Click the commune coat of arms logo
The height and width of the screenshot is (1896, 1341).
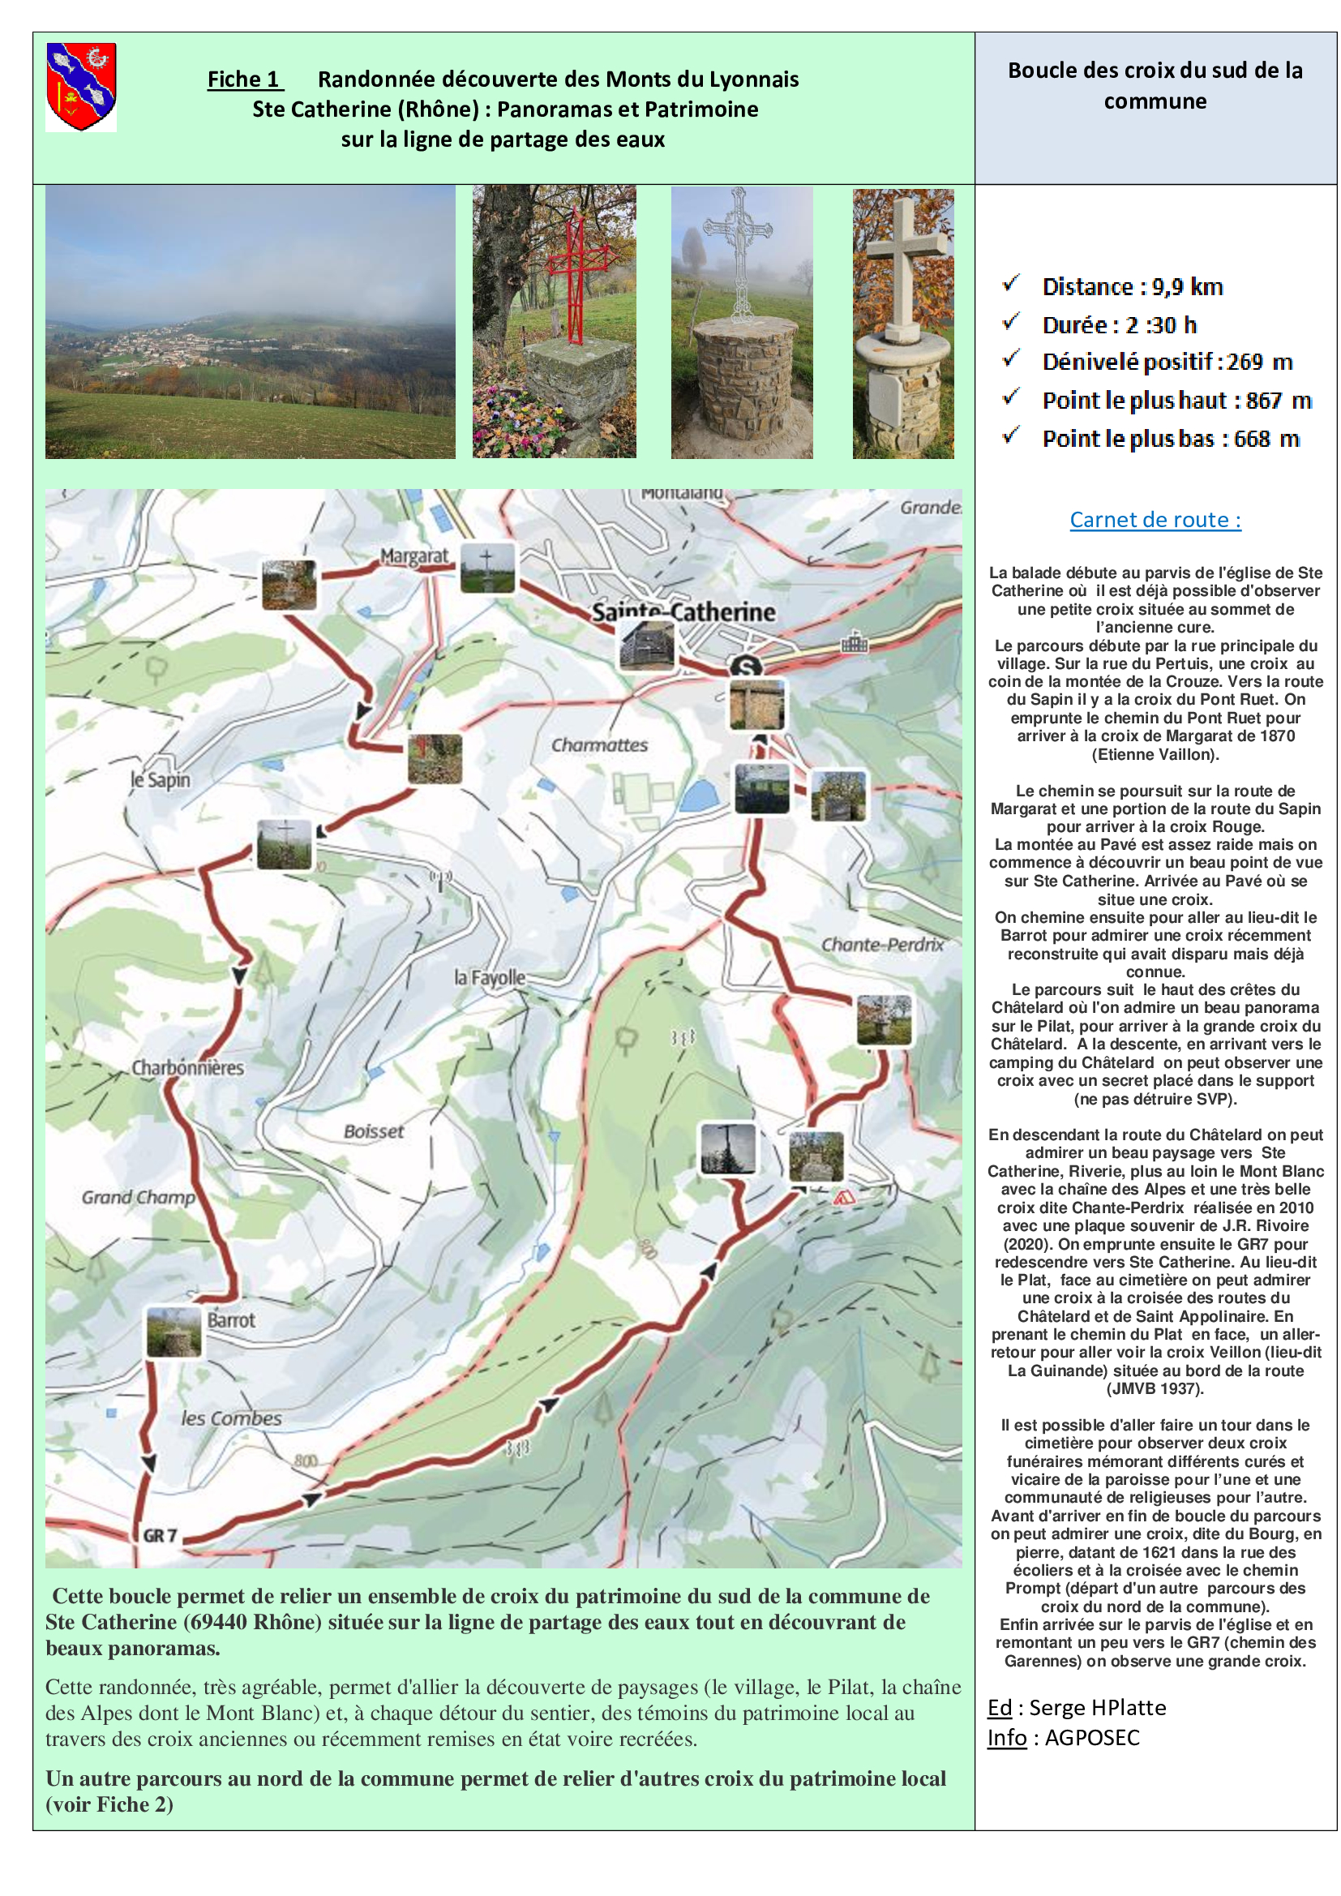pyautogui.click(x=81, y=87)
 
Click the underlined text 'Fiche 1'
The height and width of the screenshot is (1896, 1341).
pyautogui.click(x=243, y=79)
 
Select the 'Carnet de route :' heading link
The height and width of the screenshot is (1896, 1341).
pyautogui.click(x=1155, y=520)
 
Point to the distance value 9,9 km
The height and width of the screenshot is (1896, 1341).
pyautogui.click(x=1187, y=286)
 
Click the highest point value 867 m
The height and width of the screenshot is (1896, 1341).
pyautogui.click(x=1279, y=401)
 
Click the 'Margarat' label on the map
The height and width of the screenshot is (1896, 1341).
pyautogui.click(x=413, y=556)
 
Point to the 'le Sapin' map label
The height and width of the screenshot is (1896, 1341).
pyautogui.click(x=161, y=779)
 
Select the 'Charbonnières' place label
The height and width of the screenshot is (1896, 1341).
pyautogui.click(x=187, y=1068)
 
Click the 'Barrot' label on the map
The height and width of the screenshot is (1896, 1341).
pyautogui.click(x=231, y=1319)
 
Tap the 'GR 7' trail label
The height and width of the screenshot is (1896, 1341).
pyautogui.click(x=160, y=1535)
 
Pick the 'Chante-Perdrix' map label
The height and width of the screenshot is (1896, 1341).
pyautogui.click(x=881, y=945)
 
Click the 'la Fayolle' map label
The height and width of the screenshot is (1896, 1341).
pyautogui.click(x=490, y=978)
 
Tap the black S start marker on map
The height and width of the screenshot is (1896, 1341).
pyautogui.click(x=746, y=667)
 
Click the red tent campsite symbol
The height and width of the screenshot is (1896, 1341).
pyautogui.click(x=842, y=1197)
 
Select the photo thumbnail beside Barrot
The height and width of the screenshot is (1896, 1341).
pyautogui.click(x=174, y=1331)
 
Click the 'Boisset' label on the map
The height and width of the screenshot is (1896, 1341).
pyautogui.click(x=373, y=1131)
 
